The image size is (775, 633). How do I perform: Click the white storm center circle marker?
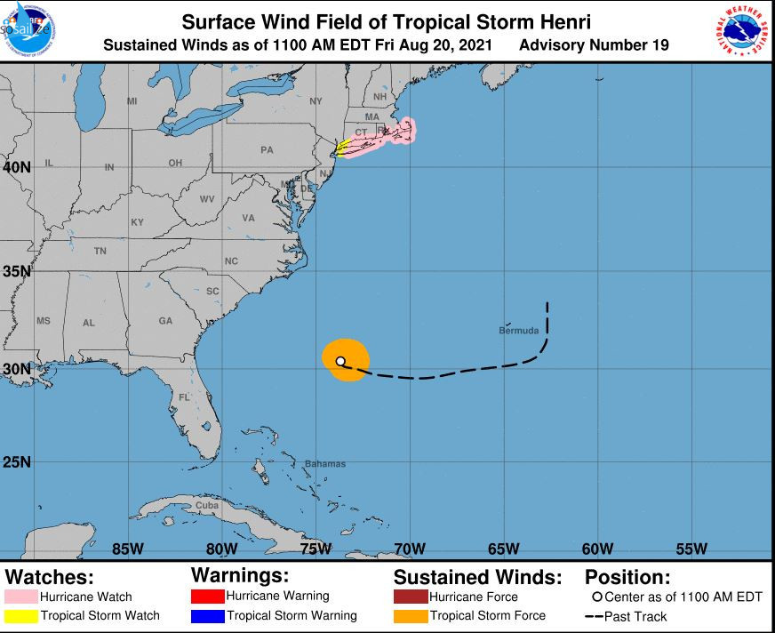341,361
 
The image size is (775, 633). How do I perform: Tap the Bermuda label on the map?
519,331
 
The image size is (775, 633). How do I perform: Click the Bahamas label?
324,464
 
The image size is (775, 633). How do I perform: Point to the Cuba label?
206,505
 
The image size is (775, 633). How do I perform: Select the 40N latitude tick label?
17,167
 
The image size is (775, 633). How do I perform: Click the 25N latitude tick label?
17,462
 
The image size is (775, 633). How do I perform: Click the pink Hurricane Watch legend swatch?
27,597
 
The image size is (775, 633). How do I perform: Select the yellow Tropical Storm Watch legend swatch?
27,615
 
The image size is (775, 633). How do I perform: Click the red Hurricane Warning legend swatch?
208,596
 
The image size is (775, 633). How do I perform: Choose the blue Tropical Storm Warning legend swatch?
208,615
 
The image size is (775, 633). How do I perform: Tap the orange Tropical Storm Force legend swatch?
411,615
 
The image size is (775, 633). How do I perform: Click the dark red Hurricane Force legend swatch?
411,597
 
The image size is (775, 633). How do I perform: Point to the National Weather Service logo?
742,30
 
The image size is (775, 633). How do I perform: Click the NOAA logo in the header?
29,30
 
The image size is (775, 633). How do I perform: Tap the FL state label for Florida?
185,397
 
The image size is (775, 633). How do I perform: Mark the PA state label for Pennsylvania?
267,150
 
